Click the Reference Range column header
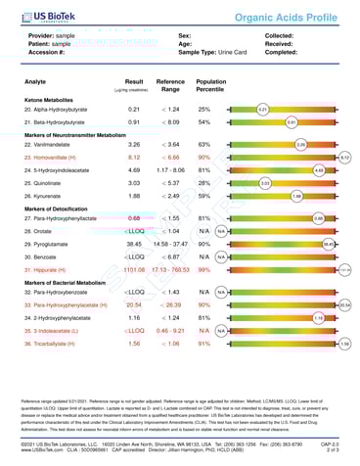click(x=171, y=86)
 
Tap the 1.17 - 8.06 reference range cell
click(x=171, y=168)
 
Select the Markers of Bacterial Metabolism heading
click(x=67, y=281)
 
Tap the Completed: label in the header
click(x=283, y=51)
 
